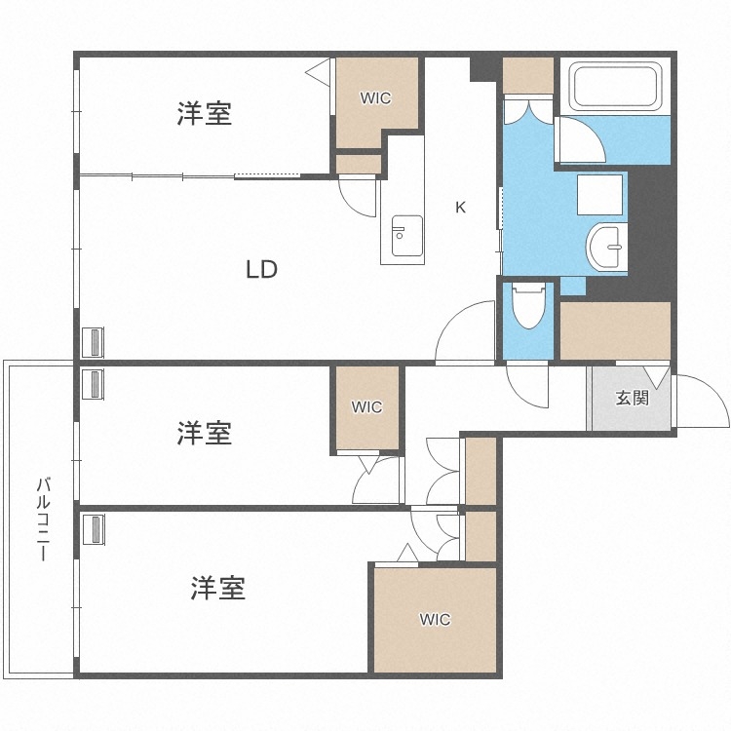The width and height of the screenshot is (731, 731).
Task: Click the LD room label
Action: click(x=261, y=270)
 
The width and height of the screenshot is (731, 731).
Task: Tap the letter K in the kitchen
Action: click(x=461, y=207)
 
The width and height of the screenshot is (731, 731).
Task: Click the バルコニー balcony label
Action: click(x=44, y=518)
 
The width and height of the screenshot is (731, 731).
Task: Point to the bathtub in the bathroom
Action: click(x=617, y=87)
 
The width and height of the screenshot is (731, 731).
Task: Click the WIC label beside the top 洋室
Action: click(x=375, y=98)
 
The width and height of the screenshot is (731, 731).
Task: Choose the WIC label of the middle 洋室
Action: click(x=367, y=407)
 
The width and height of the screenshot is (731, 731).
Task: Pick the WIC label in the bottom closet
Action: click(x=436, y=619)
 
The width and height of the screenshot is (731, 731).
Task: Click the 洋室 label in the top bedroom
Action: click(x=205, y=114)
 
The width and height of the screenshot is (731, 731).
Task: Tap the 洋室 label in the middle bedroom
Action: click(x=205, y=433)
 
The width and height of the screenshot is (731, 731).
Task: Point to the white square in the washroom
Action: click(x=599, y=194)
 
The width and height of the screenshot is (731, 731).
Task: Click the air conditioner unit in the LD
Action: click(x=96, y=342)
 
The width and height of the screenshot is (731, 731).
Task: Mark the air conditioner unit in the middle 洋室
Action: click(x=96, y=384)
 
